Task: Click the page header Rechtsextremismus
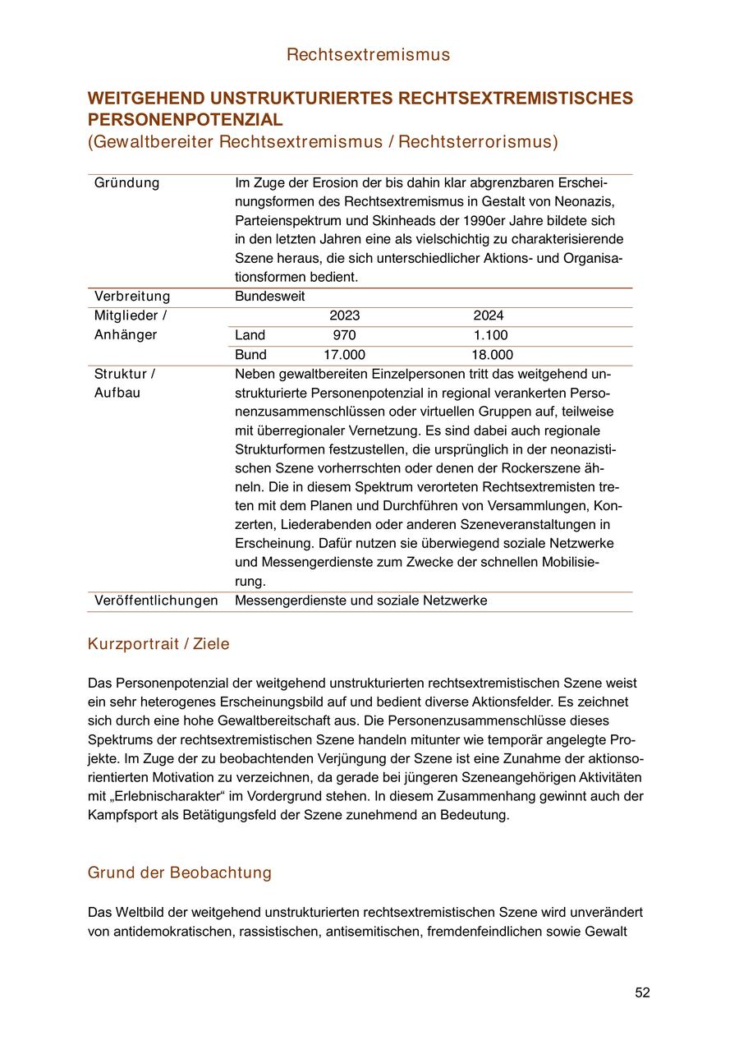369,55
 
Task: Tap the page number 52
642,992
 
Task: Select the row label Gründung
127,182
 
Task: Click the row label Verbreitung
132,296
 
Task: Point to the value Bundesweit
269,296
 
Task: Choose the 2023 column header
345,315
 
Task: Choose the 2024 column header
489,315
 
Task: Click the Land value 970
344,335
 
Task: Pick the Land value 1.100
491,335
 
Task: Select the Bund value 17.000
344,355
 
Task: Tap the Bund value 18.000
492,355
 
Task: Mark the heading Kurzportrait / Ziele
158,644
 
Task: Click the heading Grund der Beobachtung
179,872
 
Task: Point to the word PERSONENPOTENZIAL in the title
185,120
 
